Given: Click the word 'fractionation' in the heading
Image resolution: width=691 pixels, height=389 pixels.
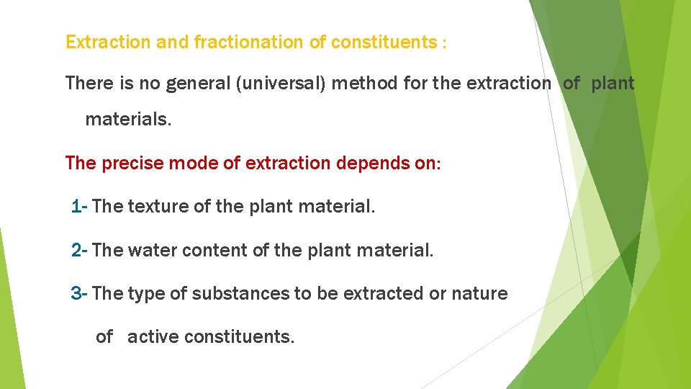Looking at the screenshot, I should point(249,43).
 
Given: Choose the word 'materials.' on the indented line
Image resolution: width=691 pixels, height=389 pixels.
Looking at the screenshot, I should point(128,119).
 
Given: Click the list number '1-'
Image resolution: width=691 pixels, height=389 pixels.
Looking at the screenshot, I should point(79,207).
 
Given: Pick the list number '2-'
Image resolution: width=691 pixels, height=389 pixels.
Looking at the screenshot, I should point(79,251).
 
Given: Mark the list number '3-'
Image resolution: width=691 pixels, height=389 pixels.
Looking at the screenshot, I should point(79,294).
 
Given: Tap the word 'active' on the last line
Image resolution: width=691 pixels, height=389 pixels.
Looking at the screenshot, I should point(153,336).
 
